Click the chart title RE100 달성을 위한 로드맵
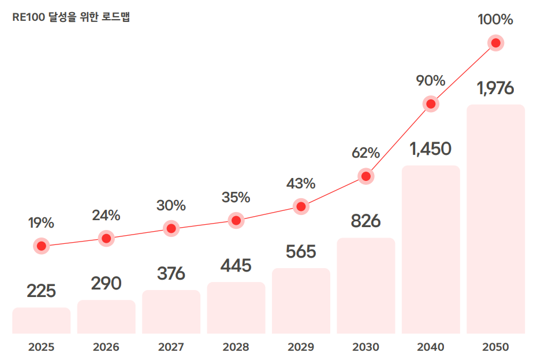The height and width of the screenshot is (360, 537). pos(71,17)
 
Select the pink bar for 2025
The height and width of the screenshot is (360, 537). pos(42,321)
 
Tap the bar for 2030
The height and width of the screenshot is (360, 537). pos(366,286)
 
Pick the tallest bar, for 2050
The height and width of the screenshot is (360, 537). pos(495,220)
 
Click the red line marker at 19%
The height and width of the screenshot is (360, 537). pos(41,246)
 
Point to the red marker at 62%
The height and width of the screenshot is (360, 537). pos(366,176)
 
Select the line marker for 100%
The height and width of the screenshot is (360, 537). pos(495,43)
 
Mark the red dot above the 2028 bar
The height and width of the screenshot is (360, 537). pos(236,220)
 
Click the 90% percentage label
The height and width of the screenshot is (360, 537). pos(431,81)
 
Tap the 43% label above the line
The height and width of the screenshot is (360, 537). pos(301,184)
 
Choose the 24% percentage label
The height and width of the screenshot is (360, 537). pos(106,216)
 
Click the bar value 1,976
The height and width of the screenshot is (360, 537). pos(495,88)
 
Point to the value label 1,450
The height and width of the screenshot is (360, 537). pos(431,149)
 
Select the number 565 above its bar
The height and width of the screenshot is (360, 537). pos(301,252)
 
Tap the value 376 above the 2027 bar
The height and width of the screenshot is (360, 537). pos(171,273)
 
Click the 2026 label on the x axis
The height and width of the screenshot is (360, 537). pos(106,347)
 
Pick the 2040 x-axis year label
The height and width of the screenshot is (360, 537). pos(431,347)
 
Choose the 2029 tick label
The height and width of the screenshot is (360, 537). pos(301,347)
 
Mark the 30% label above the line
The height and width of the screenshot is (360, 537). pos(171,205)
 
